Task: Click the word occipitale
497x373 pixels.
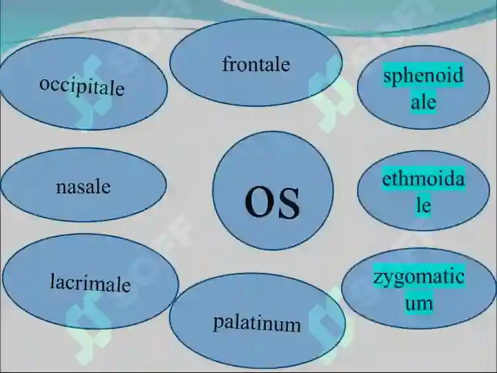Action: pos(82,86)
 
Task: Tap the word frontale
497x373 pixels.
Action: pos(256,65)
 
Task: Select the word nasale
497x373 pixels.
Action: pos(83,186)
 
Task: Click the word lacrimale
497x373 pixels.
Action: pos(90,283)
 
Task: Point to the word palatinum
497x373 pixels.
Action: pos(257,323)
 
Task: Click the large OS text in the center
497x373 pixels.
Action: pos(273,202)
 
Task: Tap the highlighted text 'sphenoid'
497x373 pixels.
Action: pos(423,76)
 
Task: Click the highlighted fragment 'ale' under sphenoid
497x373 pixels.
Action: pos(423,102)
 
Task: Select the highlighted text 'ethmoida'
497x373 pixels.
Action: pos(423,180)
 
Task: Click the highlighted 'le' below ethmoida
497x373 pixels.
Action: pos(422,206)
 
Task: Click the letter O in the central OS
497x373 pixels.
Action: pos(258,203)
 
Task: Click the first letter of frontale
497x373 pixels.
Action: pos(225,64)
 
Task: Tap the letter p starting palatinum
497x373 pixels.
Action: pos(217,323)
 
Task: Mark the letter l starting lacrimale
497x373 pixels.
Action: pos(52,281)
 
